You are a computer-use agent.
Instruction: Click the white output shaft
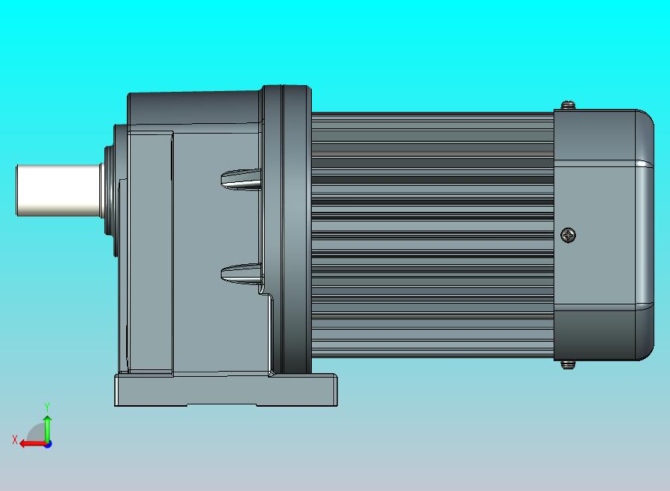(58, 190)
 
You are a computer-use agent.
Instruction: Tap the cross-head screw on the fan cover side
(569, 236)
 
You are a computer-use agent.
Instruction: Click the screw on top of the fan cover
(569, 104)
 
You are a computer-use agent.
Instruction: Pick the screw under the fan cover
(569, 364)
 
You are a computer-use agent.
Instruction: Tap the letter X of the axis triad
(15, 440)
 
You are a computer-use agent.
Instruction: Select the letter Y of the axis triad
(47, 407)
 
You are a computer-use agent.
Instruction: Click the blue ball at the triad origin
(48, 444)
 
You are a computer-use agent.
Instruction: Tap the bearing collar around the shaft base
(109, 190)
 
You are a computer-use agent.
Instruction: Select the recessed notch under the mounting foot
(221, 404)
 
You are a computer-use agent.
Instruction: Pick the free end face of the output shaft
(18, 190)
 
